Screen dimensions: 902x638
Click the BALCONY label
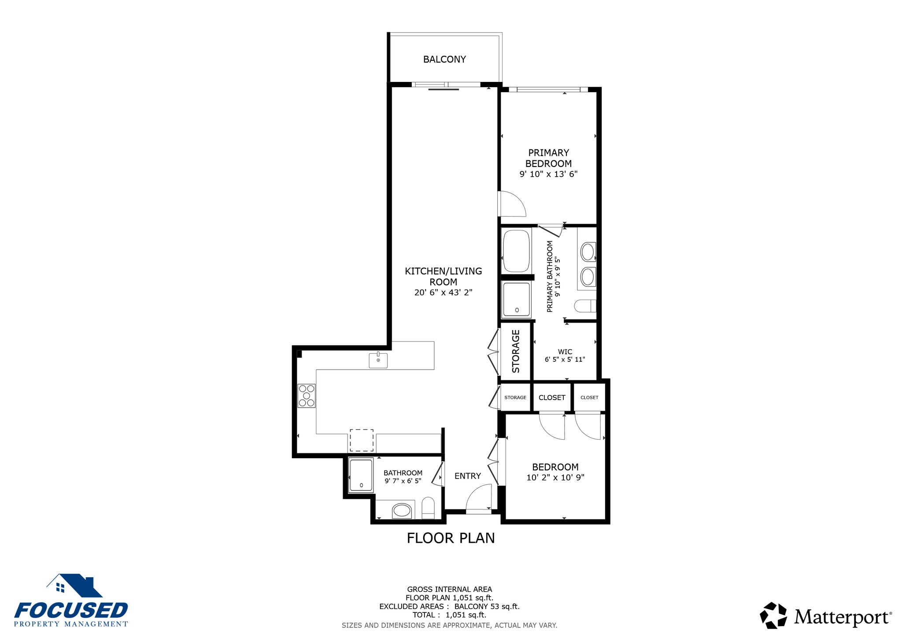[x=444, y=59]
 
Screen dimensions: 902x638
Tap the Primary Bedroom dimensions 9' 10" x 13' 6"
[x=548, y=174]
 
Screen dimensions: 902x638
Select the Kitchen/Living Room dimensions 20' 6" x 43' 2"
[x=443, y=292]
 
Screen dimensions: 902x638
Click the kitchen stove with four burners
[x=307, y=396]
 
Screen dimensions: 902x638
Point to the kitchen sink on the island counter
[x=378, y=360]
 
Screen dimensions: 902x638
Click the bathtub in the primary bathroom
[x=516, y=250]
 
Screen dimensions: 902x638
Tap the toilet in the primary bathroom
[x=585, y=306]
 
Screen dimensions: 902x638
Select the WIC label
[x=565, y=352]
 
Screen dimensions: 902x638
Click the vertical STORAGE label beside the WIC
[x=516, y=351]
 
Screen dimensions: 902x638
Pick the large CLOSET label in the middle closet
[x=552, y=397]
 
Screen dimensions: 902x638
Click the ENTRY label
[x=468, y=476]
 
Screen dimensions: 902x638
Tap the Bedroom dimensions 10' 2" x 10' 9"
[x=555, y=477]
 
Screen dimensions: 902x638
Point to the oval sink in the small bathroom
[x=402, y=511]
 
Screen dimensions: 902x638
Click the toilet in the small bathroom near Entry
[x=428, y=508]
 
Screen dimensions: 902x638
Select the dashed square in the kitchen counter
[x=362, y=440]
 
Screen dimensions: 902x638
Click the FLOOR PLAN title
[x=451, y=538]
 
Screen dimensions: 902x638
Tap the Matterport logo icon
[x=773, y=615]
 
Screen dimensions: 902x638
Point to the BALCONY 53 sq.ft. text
[x=487, y=606]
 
